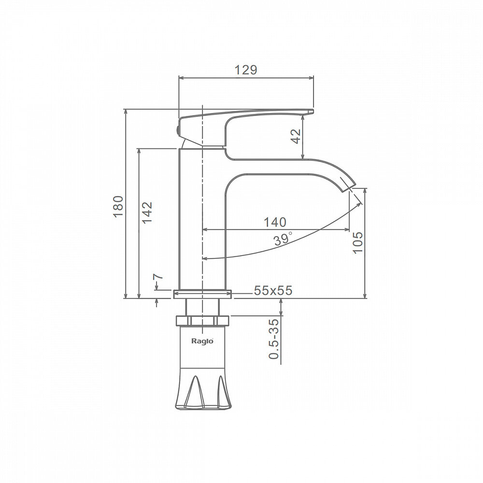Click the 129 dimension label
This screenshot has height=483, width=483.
pyautogui.click(x=245, y=70)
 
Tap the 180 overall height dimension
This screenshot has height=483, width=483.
pyautogui.click(x=119, y=206)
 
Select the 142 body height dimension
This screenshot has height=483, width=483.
pyautogui.click(x=147, y=212)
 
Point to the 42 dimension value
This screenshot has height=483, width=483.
pyautogui.click(x=296, y=136)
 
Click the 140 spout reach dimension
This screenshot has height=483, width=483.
pyautogui.click(x=275, y=222)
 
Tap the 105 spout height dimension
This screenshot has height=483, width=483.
pyautogui.click(x=358, y=242)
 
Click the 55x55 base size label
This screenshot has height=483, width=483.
pyautogui.click(x=273, y=290)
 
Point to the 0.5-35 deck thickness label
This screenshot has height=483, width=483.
pyautogui.click(x=274, y=339)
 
